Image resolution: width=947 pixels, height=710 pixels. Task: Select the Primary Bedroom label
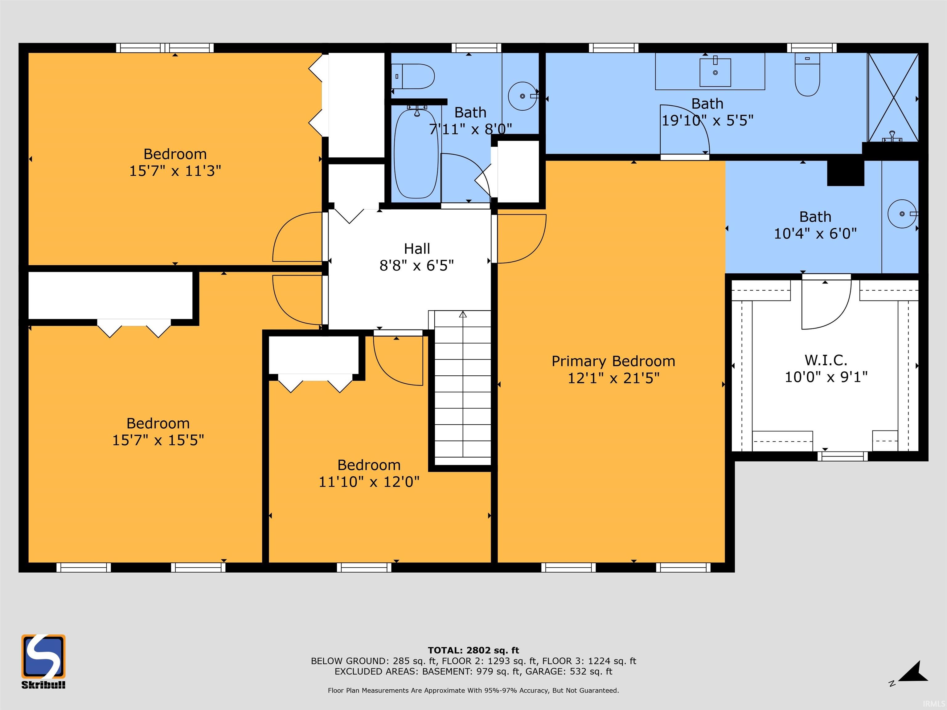(613, 361)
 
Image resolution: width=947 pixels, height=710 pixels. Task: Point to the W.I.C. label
(826, 360)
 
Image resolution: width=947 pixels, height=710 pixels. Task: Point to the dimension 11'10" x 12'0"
(369, 482)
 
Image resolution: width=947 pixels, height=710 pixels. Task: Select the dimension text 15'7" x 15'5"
(158, 440)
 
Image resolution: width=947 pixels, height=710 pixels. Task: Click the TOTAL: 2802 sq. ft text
(473, 651)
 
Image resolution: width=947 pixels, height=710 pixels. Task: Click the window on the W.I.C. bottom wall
(842, 456)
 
